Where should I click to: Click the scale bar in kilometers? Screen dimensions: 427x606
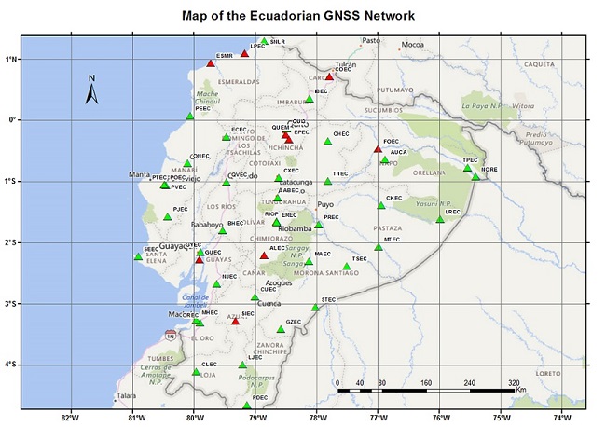424,391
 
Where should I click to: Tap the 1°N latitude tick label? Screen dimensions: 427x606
11,59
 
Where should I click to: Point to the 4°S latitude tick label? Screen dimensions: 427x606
11,365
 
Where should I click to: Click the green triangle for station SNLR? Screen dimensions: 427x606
264,42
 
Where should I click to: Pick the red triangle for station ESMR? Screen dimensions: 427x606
211,63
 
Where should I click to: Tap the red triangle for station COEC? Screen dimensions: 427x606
329,76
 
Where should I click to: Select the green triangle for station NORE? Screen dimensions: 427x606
475,177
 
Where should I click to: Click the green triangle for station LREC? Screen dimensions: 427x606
440,219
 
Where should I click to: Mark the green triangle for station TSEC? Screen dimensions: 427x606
347,267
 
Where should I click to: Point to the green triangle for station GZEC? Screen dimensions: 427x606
281,329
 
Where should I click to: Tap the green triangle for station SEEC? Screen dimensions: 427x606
138,256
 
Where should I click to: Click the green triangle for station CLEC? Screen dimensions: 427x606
196,372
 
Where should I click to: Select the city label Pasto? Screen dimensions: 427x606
371,40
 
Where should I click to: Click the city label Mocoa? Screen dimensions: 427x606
412,45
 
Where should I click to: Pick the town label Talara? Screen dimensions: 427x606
126,396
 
